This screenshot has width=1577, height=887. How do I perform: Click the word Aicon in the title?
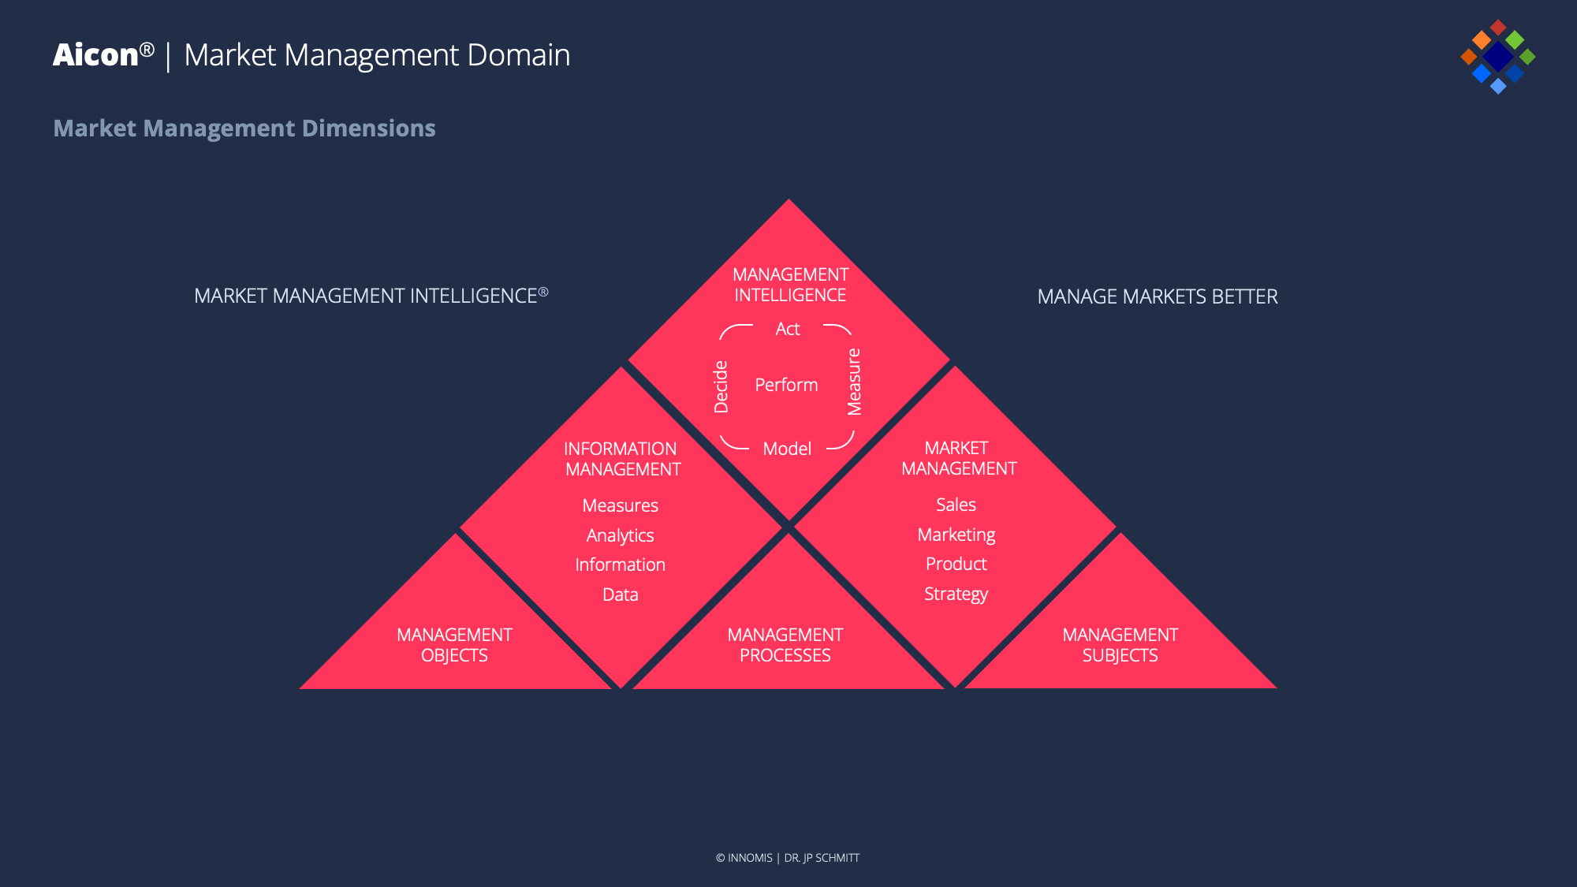tap(95, 55)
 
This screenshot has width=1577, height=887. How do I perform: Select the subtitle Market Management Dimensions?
tap(244, 128)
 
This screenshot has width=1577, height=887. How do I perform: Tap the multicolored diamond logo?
tap(1497, 57)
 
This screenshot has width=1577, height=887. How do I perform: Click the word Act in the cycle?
tap(787, 329)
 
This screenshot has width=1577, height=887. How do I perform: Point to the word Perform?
tap(786, 385)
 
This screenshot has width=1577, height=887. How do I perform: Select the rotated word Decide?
tap(721, 386)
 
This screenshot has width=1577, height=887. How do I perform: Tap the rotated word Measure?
tap(854, 382)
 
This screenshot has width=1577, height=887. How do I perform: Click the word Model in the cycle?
tap(787, 449)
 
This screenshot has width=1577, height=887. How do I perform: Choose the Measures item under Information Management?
tap(620, 505)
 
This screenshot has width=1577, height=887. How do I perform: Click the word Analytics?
tap(620, 535)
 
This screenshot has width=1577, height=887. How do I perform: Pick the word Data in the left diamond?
tap(620, 594)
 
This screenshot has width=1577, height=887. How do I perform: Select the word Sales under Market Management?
tap(956, 505)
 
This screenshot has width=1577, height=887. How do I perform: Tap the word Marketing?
tap(956, 535)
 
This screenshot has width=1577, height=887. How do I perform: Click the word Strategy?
tap(956, 594)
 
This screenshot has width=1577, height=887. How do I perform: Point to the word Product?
tap(956, 564)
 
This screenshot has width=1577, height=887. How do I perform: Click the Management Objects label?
tap(454, 645)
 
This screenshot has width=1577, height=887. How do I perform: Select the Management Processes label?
tap(785, 645)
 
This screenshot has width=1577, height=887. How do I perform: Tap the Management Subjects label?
tap(1120, 645)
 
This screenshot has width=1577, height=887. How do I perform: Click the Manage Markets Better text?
tap(1157, 296)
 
